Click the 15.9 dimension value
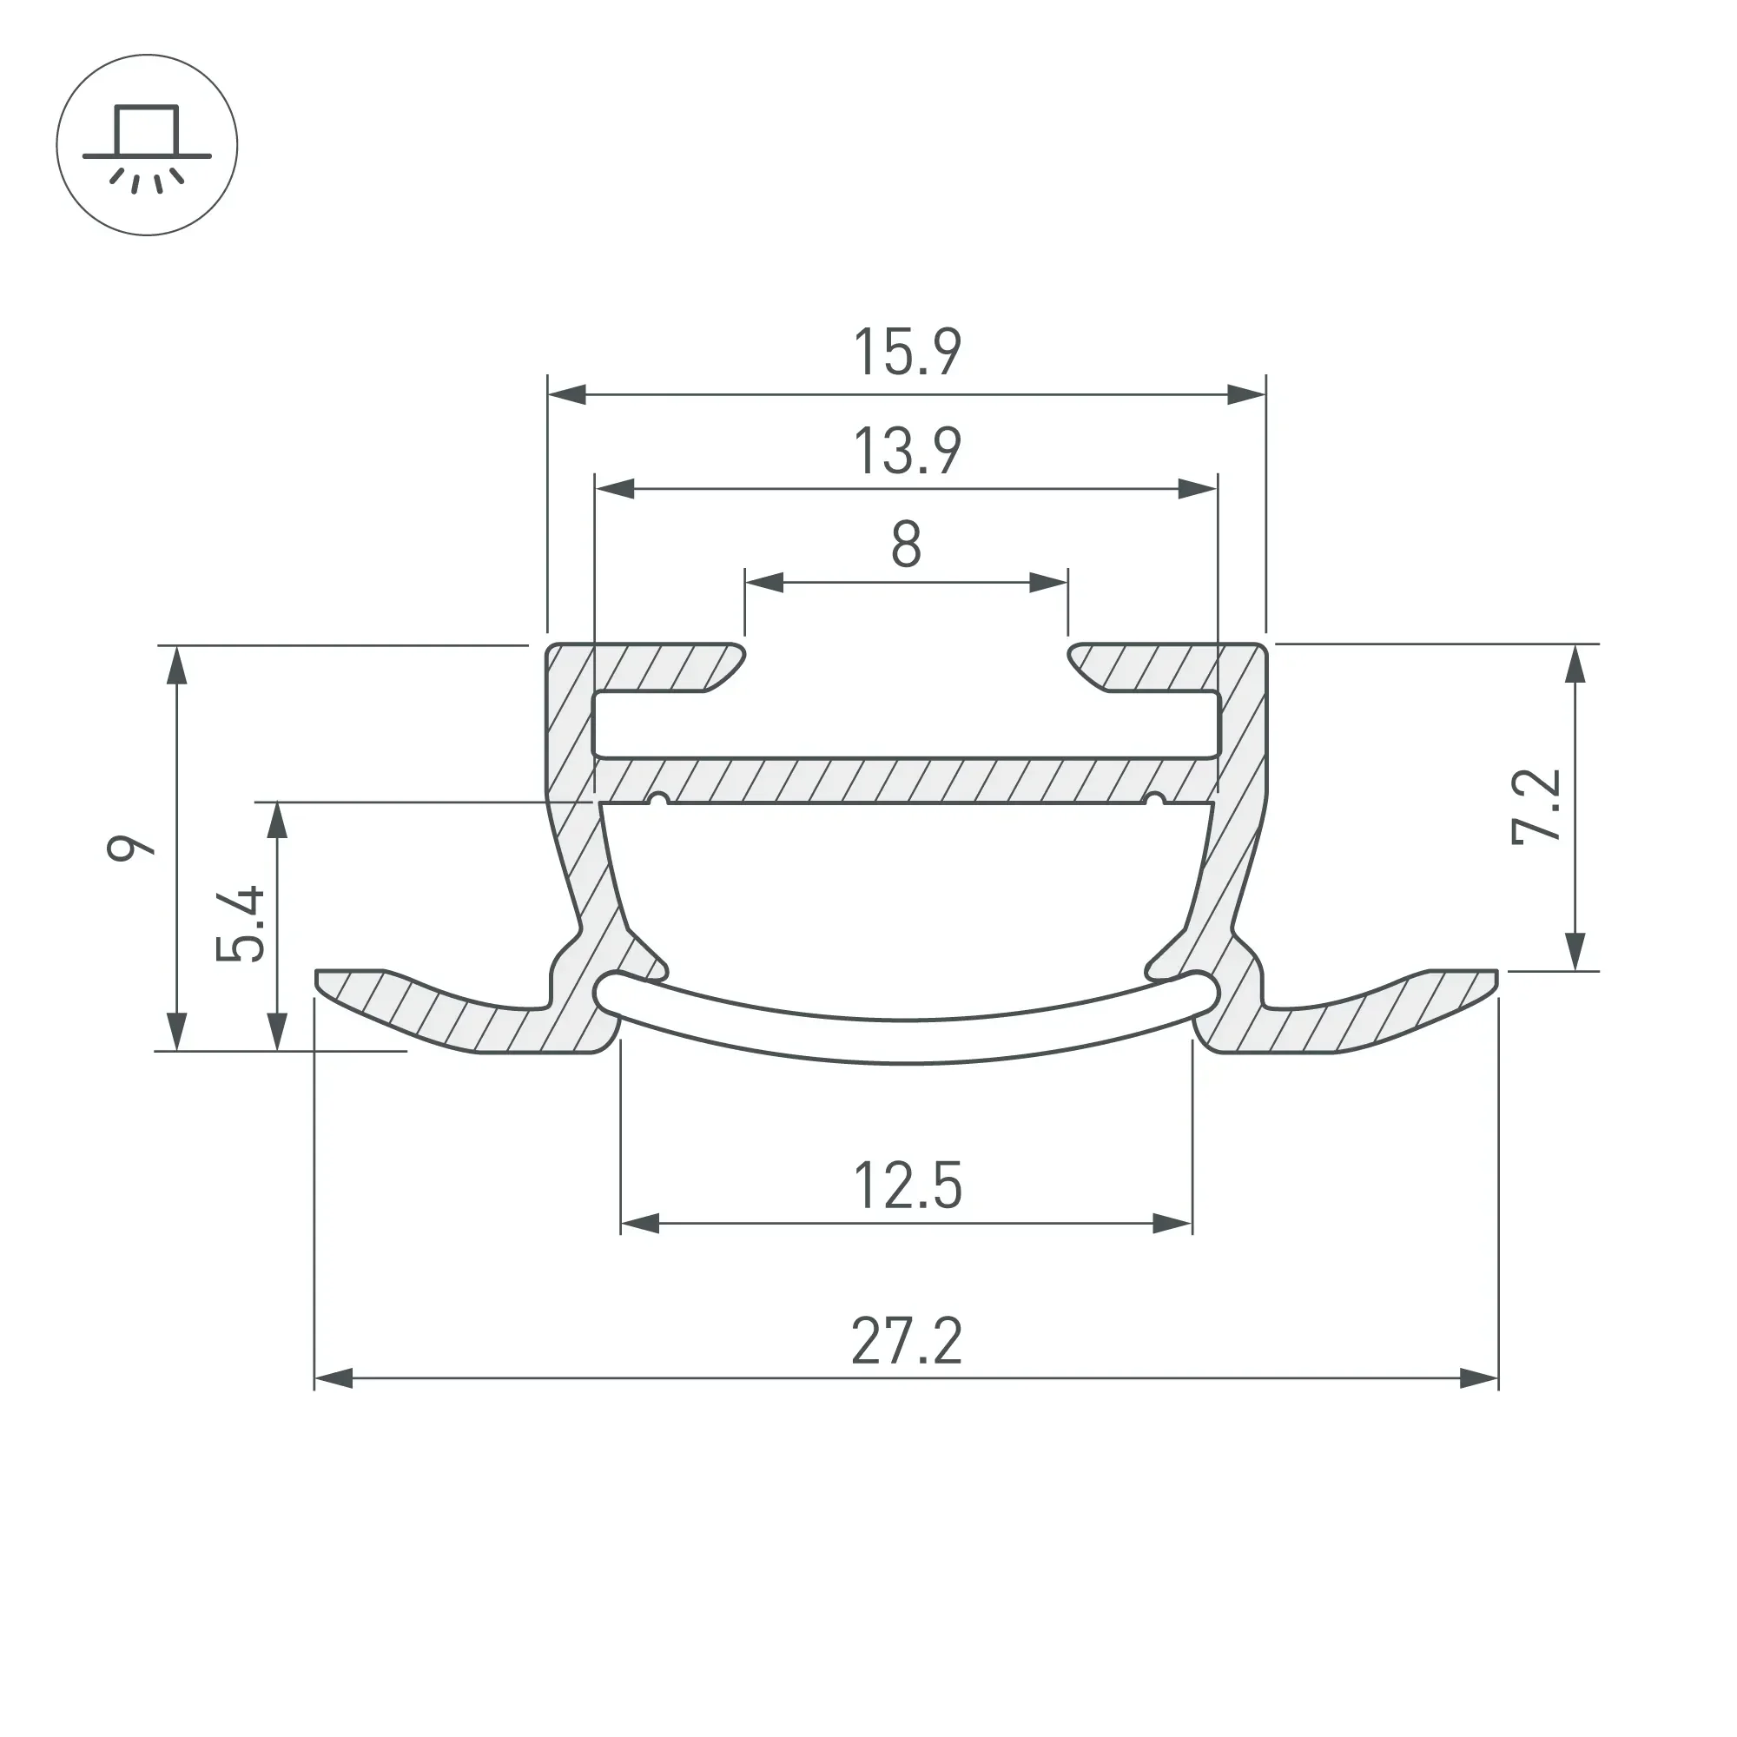coord(908,353)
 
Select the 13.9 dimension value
coord(908,452)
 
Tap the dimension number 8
coord(906,544)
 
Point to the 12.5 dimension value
coord(908,1186)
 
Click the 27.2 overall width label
coord(908,1342)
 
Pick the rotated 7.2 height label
coord(1536,807)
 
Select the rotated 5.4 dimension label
coord(241,924)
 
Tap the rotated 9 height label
coord(131,848)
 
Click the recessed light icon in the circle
coord(147,145)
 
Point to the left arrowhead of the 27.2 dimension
coord(334,1378)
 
